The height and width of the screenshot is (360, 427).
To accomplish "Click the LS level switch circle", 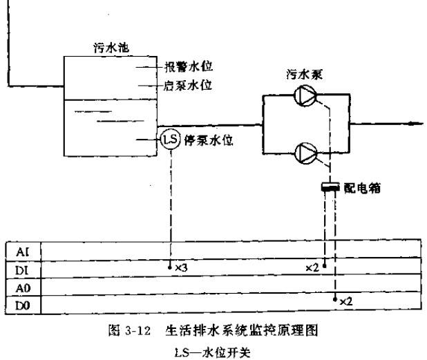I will click(x=169, y=139).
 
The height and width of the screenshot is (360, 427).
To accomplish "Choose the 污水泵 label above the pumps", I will click(x=304, y=74).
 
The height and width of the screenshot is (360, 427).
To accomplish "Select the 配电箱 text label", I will click(x=363, y=187).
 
